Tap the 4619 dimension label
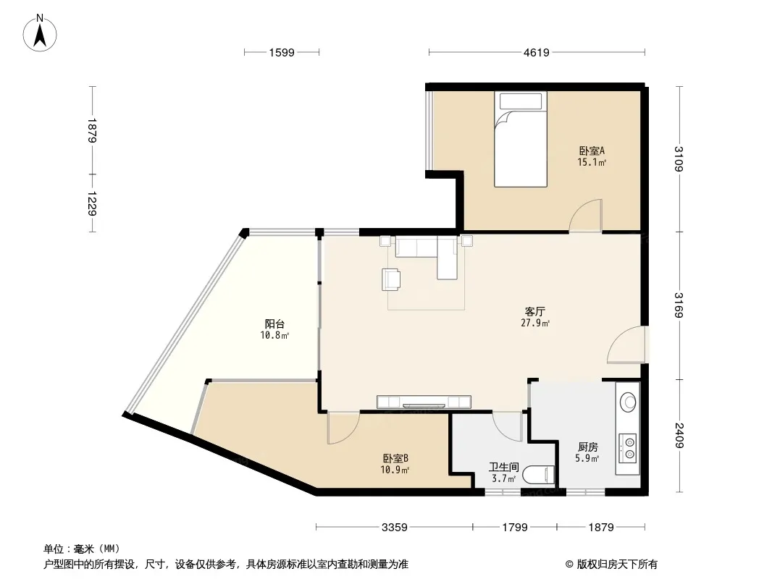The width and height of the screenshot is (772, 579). (536, 52)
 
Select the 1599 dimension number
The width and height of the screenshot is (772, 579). (282, 52)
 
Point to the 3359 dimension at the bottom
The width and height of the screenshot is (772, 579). (395, 528)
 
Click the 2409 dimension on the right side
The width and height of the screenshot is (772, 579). (679, 436)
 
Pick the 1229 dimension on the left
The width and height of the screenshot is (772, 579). (91, 203)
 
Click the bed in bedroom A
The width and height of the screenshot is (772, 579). (521, 139)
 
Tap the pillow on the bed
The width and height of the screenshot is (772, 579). (521, 101)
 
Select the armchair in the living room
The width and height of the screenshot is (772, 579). (391, 279)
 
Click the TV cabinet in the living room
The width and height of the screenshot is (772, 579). (424, 402)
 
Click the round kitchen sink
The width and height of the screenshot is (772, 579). (628, 402)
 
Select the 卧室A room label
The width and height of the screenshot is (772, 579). (591, 151)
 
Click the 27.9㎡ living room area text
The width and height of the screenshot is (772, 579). (535, 324)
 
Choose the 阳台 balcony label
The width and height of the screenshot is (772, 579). (274, 324)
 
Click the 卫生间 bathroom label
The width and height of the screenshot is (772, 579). (503, 466)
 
